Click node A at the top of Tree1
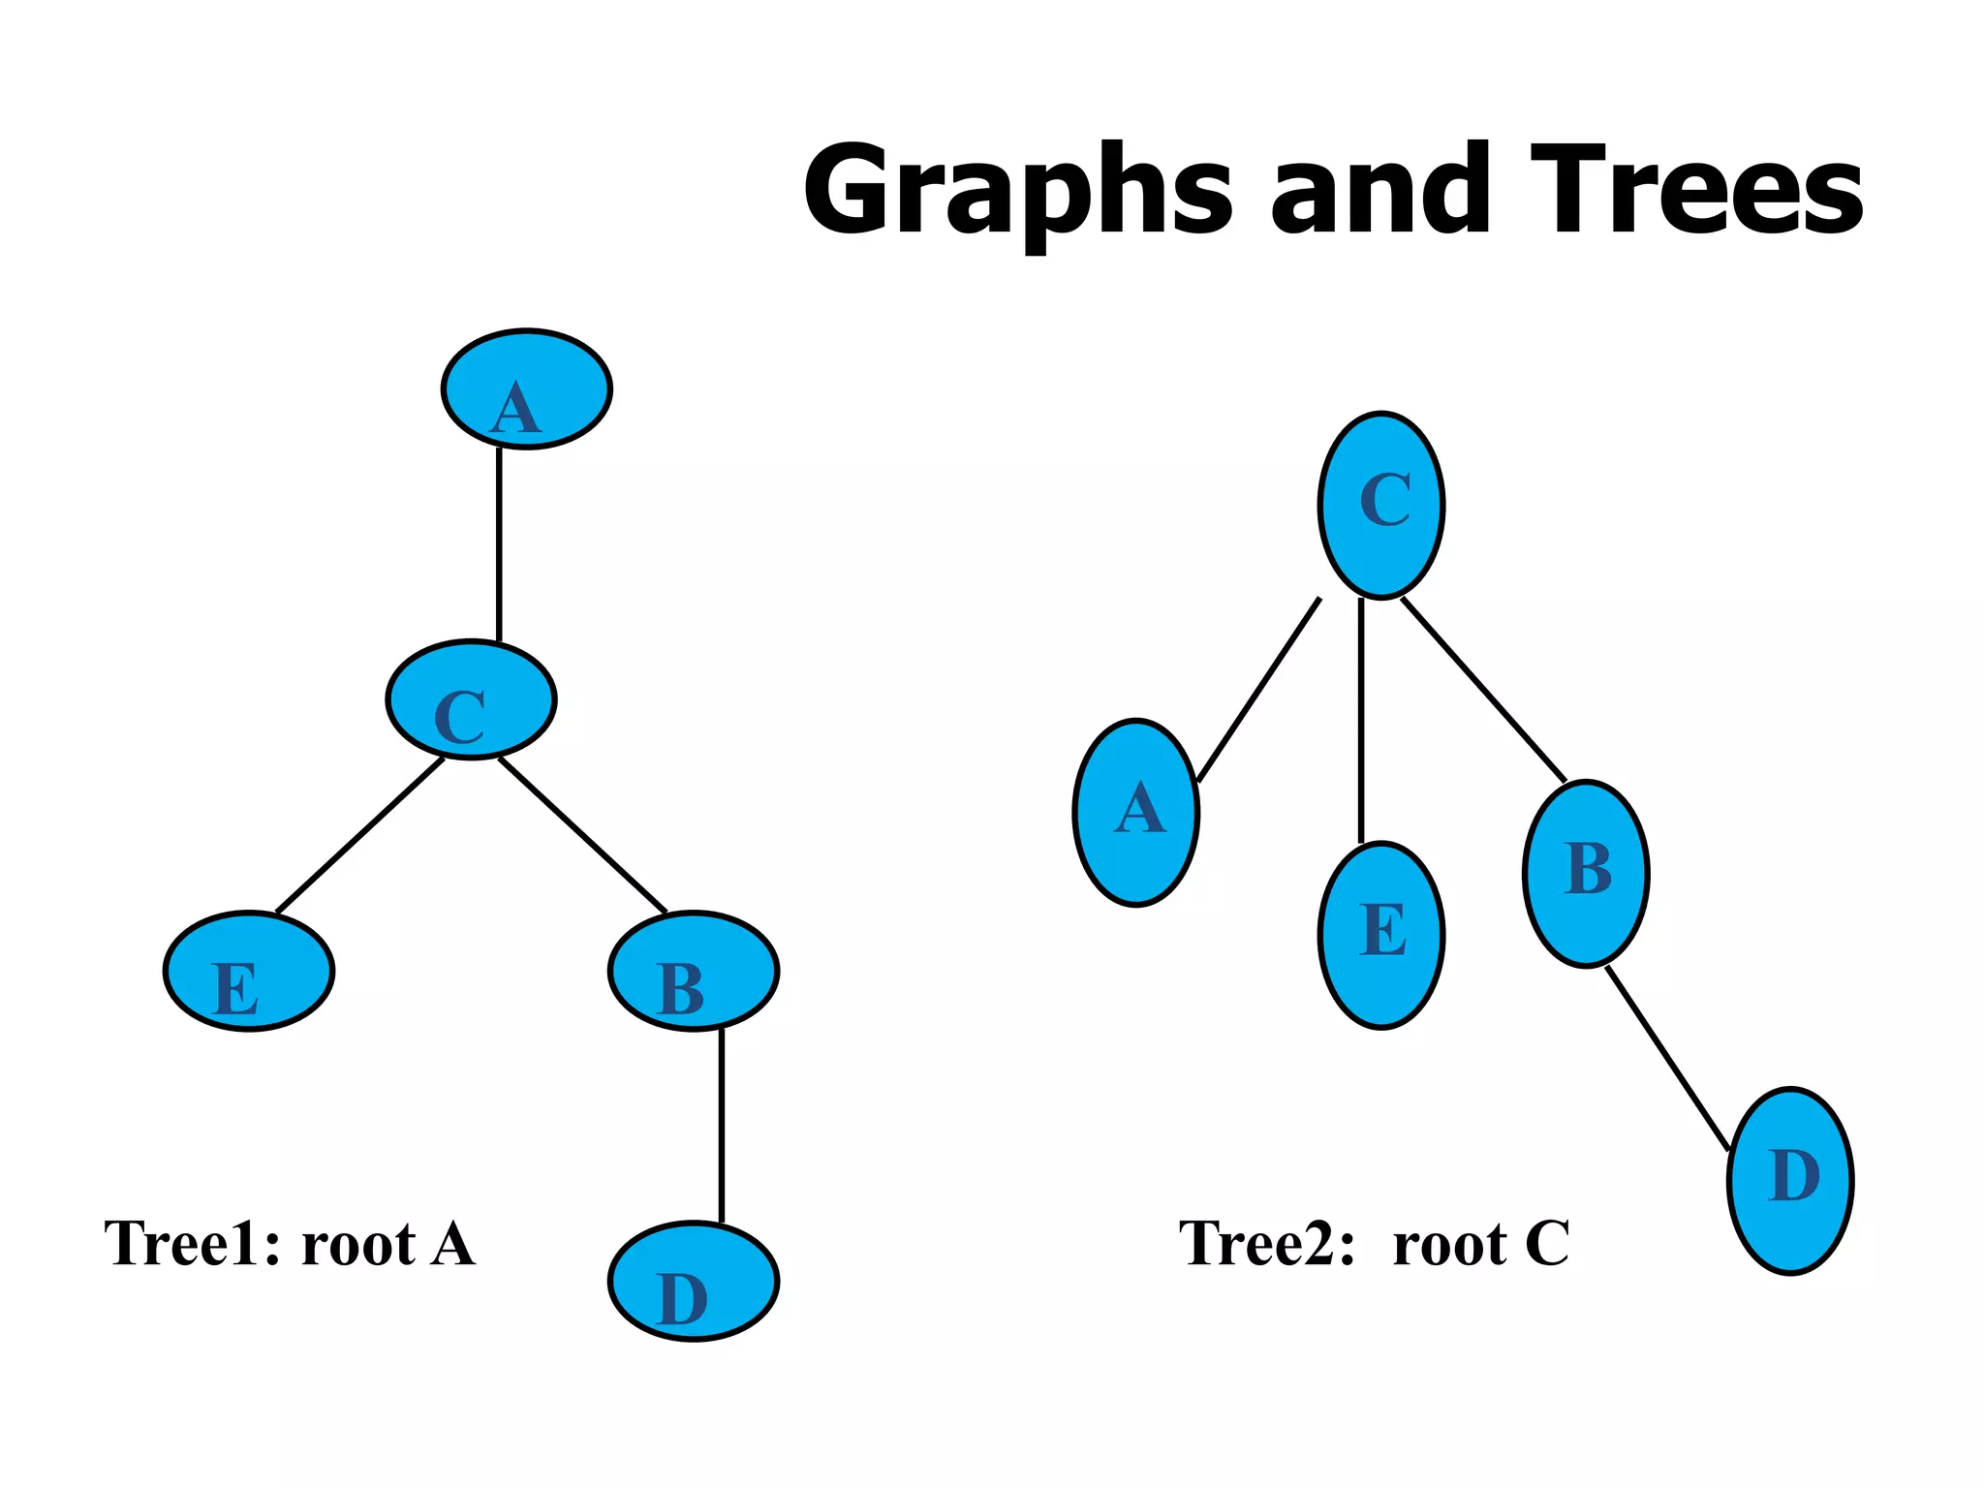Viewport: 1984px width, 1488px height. [x=526, y=388]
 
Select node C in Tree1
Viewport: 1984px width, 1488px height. [x=471, y=698]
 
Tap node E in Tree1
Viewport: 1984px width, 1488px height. [x=249, y=971]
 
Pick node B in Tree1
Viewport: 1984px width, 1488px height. [x=694, y=971]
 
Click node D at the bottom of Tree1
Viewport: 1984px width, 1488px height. [x=694, y=1281]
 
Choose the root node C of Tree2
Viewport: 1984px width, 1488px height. [x=1381, y=505]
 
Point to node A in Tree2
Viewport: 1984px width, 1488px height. [x=1136, y=812]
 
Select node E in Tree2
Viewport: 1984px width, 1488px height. [x=1381, y=935]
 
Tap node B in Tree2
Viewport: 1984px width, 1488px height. [x=1586, y=873]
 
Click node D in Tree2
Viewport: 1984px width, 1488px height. [x=1790, y=1180]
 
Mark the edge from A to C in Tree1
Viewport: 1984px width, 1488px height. [x=499, y=544]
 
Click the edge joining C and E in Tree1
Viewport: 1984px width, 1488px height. [x=360, y=835]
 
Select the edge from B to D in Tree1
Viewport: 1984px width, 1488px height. [x=721, y=1126]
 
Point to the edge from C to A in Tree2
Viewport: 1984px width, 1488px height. [x=1259, y=690]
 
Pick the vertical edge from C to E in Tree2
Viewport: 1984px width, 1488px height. [x=1361, y=721]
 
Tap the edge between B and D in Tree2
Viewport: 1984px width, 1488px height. [x=1667, y=1058]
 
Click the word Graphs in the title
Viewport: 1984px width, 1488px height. [x=1017, y=191]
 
